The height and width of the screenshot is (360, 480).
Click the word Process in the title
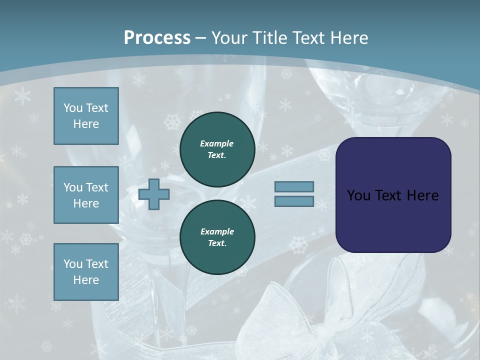(x=157, y=38)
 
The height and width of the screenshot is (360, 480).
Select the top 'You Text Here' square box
(x=86, y=116)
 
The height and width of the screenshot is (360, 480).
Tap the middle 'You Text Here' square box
(x=86, y=195)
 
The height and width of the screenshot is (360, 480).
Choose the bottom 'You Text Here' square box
(x=86, y=272)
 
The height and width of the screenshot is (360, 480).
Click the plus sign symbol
(x=153, y=194)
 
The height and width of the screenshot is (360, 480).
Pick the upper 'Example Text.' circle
(x=217, y=149)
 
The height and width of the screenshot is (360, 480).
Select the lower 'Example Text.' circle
(x=217, y=237)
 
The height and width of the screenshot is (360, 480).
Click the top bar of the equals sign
(x=294, y=186)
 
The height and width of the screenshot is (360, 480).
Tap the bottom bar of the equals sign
(x=294, y=201)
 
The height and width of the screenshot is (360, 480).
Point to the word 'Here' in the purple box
(x=422, y=195)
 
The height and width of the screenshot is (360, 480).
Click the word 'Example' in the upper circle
(x=217, y=143)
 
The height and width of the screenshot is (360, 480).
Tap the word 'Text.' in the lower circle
(x=217, y=243)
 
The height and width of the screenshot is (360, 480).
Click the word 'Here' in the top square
(x=86, y=124)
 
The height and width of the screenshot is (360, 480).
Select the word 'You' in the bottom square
(x=73, y=264)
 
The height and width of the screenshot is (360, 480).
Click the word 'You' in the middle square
(x=73, y=187)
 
